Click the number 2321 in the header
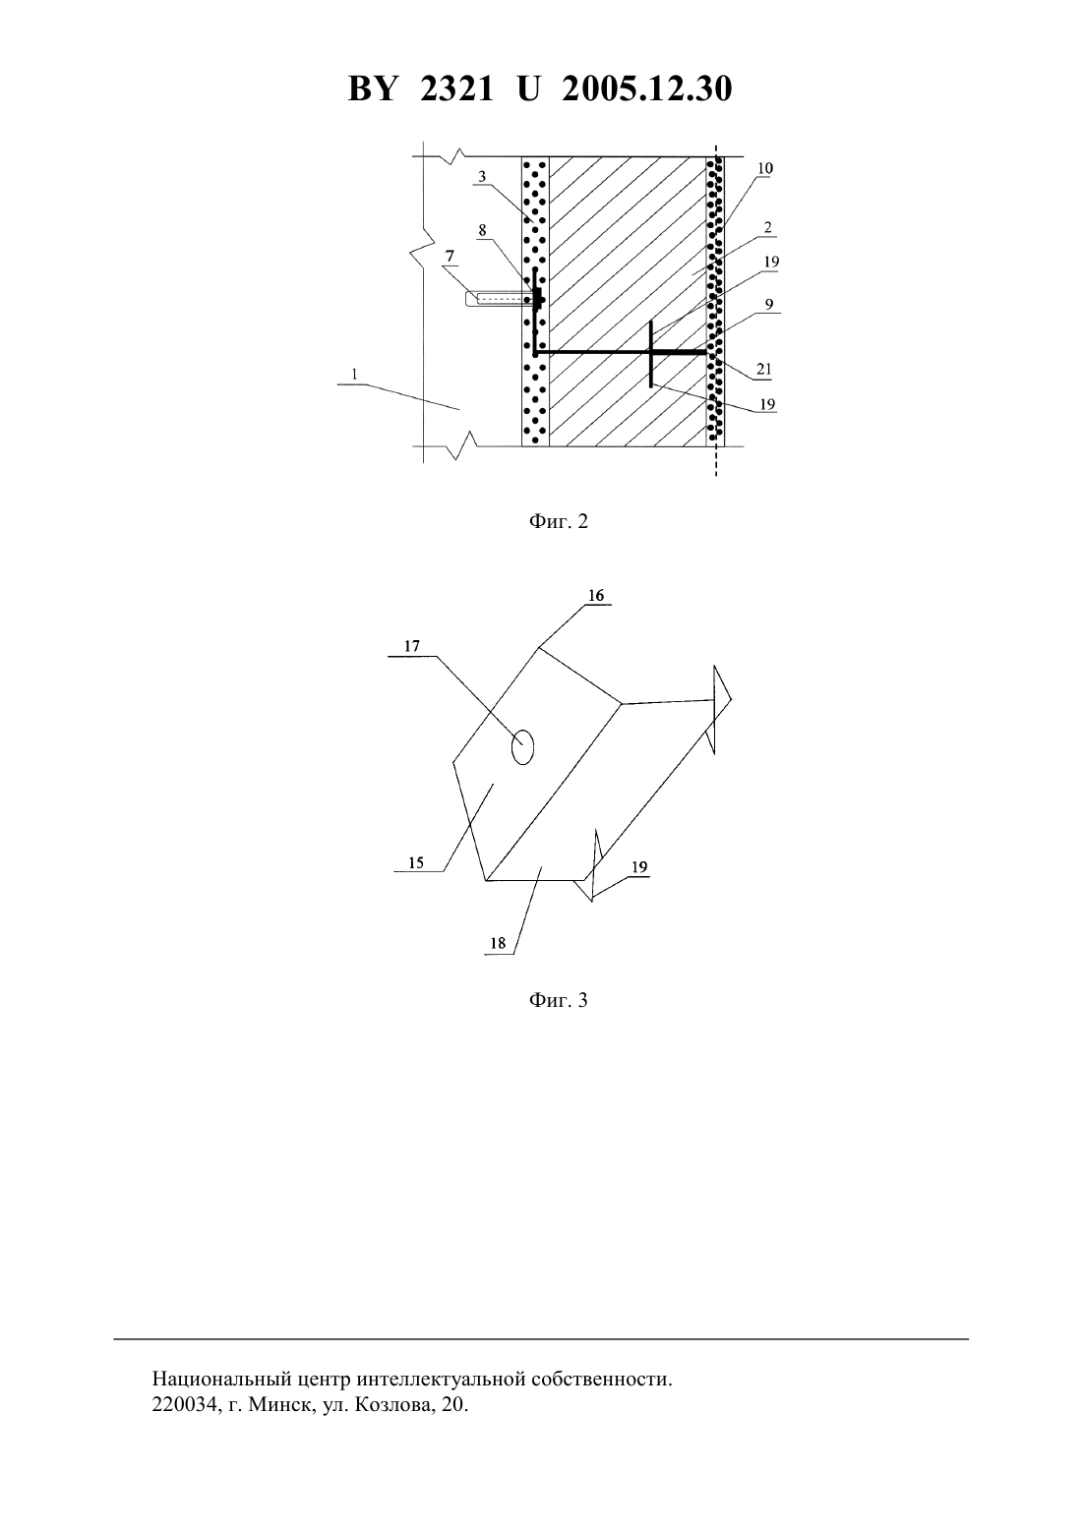(456, 88)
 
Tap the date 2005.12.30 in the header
(647, 88)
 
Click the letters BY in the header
(372, 88)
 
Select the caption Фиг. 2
(558, 522)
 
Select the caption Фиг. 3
(558, 1001)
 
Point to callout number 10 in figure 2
(765, 168)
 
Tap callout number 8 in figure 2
(482, 230)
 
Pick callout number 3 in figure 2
(482, 177)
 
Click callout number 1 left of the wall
(354, 374)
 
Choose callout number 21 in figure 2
(763, 370)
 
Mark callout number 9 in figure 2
(769, 305)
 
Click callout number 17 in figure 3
(411, 646)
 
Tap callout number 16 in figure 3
(596, 596)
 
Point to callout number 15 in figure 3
(416, 862)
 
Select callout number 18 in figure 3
(498, 943)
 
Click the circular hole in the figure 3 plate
(522, 747)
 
